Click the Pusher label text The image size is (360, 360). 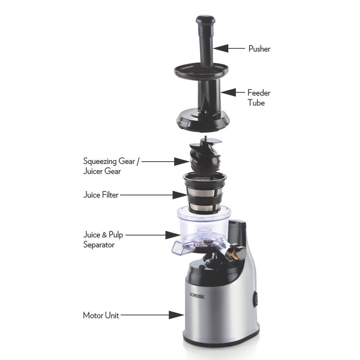pos(259,49)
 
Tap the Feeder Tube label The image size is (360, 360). pos(259,98)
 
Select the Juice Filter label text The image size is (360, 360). pos(101,195)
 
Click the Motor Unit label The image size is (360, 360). pos(101,315)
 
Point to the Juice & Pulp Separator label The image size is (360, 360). pos(103,239)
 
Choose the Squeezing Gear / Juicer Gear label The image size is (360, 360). pos(111,166)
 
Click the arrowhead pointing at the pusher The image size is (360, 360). pos(220,49)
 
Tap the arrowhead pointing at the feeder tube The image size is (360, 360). pos(228,93)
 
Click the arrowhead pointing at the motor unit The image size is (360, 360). pos(176,315)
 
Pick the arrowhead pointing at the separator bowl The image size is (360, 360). pos(173,235)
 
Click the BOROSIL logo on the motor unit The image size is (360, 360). pos(197,295)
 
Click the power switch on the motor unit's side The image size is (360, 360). pos(255,299)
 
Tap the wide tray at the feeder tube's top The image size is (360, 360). pos(201,71)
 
